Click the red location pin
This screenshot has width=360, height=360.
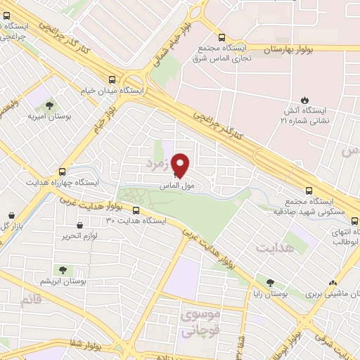click(x=181, y=165)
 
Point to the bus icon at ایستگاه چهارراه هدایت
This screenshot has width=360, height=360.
click(x=62, y=171)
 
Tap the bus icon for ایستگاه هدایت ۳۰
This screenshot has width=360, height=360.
click(x=138, y=210)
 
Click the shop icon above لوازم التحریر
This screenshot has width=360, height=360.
click(x=79, y=226)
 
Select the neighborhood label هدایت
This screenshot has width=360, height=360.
click(x=273, y=249)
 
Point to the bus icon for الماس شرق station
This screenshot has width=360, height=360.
click(x=222, y=38)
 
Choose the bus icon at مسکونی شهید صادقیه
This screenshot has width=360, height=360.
click(x=309, y=190)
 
